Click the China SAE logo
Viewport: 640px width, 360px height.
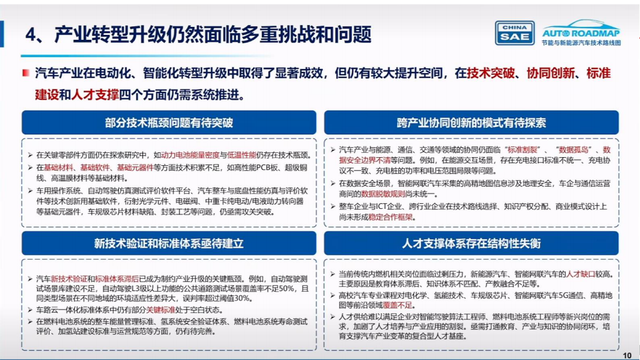pos(514,33)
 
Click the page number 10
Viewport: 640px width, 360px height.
pos(627,355)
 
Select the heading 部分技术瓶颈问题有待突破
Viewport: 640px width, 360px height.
pos(169,123)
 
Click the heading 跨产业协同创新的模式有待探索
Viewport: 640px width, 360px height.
pos(471,123)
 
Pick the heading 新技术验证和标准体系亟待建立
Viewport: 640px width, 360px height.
pos(169,243)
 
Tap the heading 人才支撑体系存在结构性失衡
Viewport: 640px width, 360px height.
pos(471,243)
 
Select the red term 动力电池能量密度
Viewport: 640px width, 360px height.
pos(190,154)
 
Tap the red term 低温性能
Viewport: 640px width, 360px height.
pos(242,154)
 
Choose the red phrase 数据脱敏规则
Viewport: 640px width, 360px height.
pos(382,193)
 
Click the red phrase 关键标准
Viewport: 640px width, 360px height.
pos(161,310)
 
